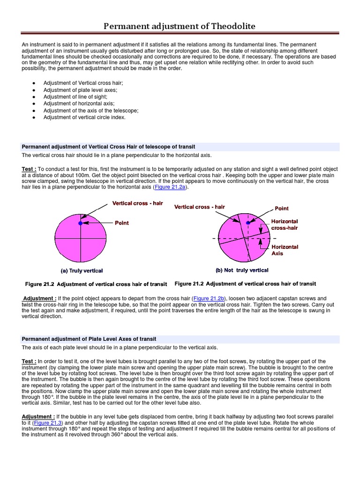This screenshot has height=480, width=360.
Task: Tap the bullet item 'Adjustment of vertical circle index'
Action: [x=84, y=117]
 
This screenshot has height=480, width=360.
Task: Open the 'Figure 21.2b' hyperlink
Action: [x=210, y=298]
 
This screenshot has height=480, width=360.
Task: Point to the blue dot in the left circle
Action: [x=80, y=224]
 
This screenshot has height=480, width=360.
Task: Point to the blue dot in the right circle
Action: [x=248, y=224]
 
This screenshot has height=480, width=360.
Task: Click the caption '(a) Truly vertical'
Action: [x=82, y=270]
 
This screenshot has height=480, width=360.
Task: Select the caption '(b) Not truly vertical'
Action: [x=242, y=270]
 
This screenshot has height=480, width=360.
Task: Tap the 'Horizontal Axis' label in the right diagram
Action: [x=285, y=250]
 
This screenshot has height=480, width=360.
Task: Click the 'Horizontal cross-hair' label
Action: [x=285, y=225]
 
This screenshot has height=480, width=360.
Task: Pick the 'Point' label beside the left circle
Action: [x=122, y=223]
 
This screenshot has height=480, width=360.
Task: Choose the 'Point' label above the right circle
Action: [x=281, y=208]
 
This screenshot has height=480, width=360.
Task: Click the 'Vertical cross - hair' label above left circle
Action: [x=135, y=203]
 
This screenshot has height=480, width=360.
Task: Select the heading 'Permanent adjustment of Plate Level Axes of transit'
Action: [x=89, y=338]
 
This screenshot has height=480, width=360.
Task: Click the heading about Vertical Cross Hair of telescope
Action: [x=108, y=147]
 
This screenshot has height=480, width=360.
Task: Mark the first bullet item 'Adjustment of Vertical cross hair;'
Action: [x=83, y=82]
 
